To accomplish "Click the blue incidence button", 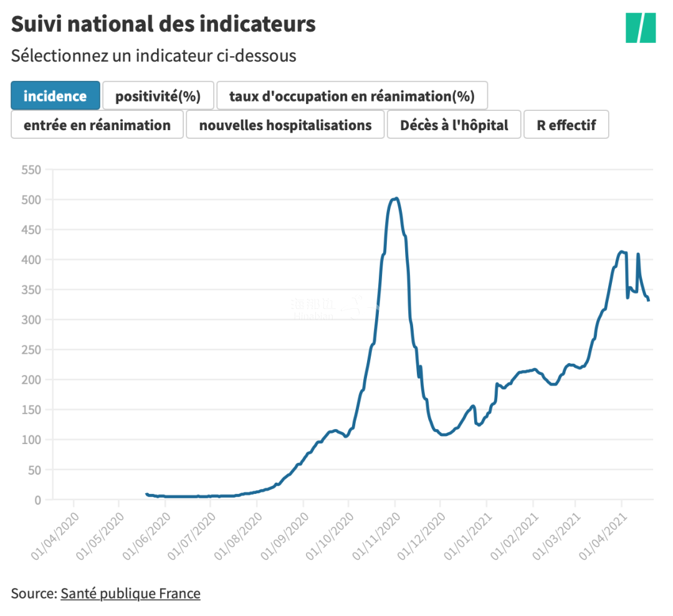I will tap(55, 96).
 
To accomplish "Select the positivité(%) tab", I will tap(158, 96).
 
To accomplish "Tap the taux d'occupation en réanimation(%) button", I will tap(351, 96).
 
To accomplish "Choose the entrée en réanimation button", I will tap(97, 125).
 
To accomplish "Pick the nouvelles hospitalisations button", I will tap(285, 125).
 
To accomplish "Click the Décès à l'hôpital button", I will tap(454, 125).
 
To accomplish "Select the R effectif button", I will tap(566, 125).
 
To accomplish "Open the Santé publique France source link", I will tap(130, 593).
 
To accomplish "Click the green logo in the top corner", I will tap(641, 27).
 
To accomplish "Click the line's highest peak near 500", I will tap(396, 199).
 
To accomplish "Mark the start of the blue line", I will tap(146, 494).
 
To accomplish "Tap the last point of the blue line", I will tap(649, 300).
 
